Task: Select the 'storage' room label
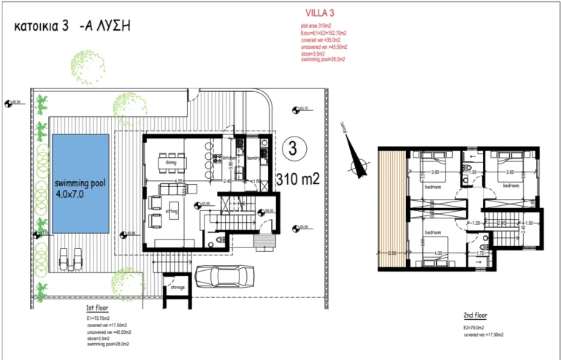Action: (x=178, y=288)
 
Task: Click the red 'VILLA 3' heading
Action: (x=318, y=13)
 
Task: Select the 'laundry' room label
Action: (x=253, y=157)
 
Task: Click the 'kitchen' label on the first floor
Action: (x=229, y=157)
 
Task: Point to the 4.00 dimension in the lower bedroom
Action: (x=437, y=253)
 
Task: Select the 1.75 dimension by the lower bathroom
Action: (x=481, y=253)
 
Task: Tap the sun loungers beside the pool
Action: (x=69, y=256)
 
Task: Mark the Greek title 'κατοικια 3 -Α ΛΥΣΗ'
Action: (x=73, y=26)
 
